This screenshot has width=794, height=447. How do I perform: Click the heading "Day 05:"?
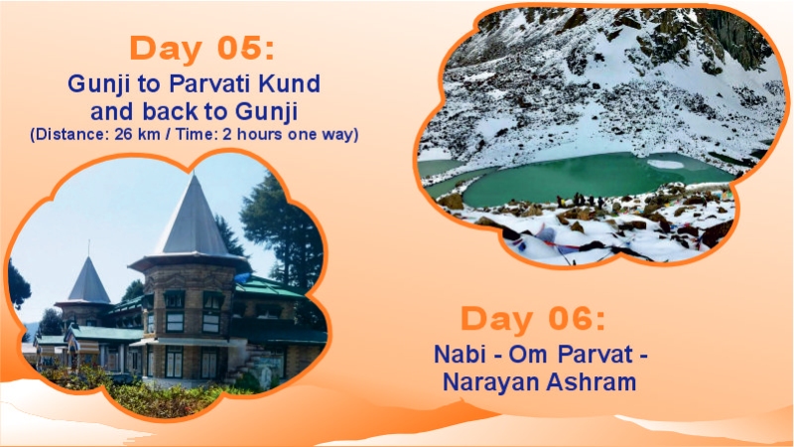coord(198,48)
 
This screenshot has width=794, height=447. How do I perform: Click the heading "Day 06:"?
coord(532,320)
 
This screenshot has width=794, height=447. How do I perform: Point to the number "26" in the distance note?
coord(122,133)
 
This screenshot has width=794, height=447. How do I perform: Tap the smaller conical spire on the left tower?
coord(88,281)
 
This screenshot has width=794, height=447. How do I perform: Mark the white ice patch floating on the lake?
coord(664,164)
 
